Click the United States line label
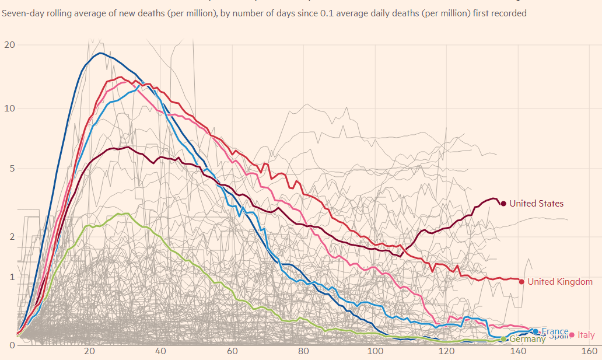[536, 204]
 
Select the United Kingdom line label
[560, 282]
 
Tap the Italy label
[586, 335]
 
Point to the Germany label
[527, 339]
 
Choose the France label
[555, 331]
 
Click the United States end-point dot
[503, 203]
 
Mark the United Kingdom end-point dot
[521, 281]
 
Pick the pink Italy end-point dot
[572, 335]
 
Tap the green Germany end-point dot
[503, 339]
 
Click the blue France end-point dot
[535, 331]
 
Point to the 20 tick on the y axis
[9, 45]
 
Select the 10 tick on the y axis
[9, 109]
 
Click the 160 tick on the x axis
[589, 351]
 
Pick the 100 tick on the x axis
[375, 351]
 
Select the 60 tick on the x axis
[232, 351]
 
